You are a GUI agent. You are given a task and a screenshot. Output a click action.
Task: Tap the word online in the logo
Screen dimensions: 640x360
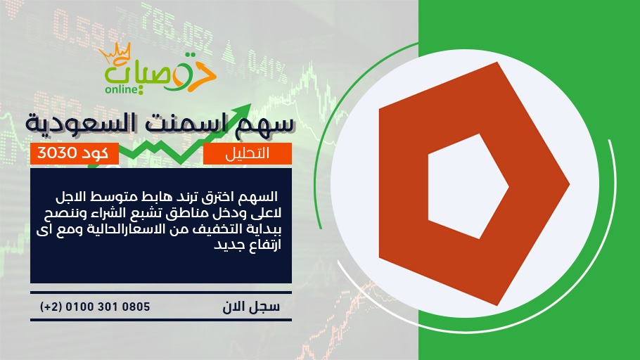tap(122, 89)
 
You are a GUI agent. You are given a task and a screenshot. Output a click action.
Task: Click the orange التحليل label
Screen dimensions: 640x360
tap(248, 153)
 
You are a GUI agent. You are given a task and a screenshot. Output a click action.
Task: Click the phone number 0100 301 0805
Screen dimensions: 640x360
tap(108, 307)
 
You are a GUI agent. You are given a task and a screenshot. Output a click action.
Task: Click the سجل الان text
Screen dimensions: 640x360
tap(252, 307)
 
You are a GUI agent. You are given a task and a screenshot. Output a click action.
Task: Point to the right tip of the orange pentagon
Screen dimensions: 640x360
tap(570, 184)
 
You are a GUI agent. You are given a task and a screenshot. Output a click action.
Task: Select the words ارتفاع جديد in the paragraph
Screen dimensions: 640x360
tap(248, 245)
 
